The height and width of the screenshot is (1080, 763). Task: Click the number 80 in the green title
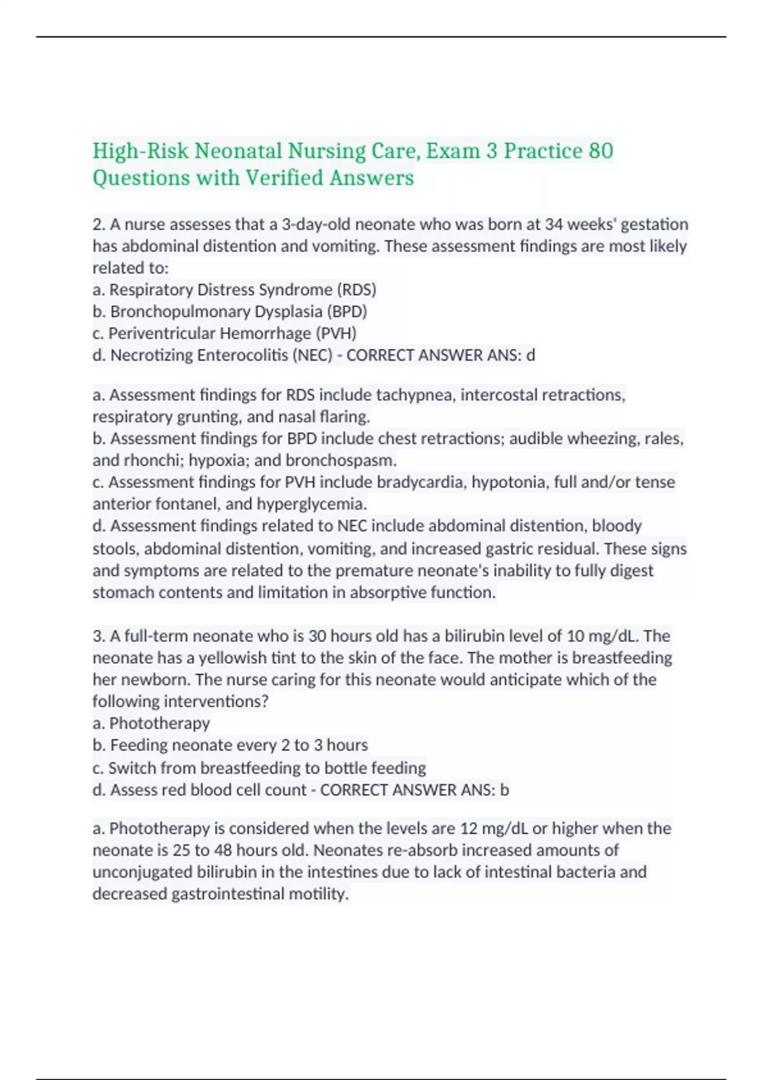pos(601,151)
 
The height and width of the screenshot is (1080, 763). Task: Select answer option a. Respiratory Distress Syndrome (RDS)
pos(235,290)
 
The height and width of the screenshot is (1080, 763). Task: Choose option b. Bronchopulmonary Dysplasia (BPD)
pos(230,311)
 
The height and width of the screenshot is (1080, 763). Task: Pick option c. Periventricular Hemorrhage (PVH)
pos(224,333)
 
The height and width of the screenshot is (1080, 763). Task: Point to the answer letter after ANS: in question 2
pos(531,355)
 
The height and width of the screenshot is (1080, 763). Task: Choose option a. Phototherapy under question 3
pos(151,723)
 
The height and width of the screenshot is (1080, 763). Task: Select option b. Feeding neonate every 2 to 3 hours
pos(230,745)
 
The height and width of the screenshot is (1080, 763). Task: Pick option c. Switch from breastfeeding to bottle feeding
pos(259,767)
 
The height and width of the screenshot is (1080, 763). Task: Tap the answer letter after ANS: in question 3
pos(504,790)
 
